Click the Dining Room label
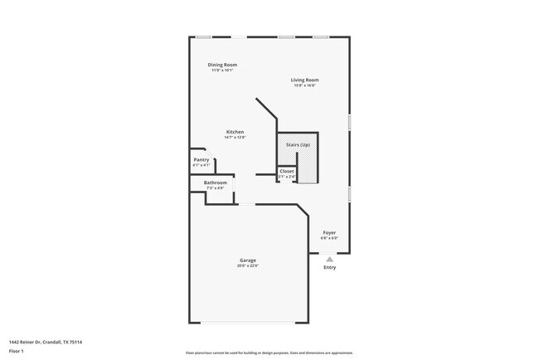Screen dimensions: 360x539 pyautogui.click(x=222, y=65)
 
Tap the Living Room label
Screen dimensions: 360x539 pyautogui.click(x=305, y=80)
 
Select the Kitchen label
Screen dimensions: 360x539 pyautogui.click(x=236, y=132)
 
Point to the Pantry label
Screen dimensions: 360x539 pyautogui.click(x=201, y=159)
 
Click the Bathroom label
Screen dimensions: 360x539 pyautogui.click(x=216, y=182)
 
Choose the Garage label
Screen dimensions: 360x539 pyautogui.click(x=248, y=260)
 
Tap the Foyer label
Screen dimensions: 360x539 pyautogui.click(x=329, y=233)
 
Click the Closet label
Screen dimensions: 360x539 pyautogui.click(x=286, y=172)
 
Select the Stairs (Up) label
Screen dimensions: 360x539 pyautogui.click(x=298, y=145)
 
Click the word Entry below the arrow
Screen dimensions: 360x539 pyautogui.click(x=329, y=267)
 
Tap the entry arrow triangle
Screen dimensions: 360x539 pyautogui.click(x=329, y=258)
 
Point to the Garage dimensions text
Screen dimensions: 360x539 pyautogui.click(x=248, y=266)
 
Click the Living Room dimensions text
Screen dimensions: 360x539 pyautogui.click(x=305, y=86)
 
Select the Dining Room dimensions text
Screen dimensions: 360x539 pyautogui.click(x=222, y=71)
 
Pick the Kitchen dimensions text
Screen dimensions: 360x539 pyautogui.click(x=236, y=138)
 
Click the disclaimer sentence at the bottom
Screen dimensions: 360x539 pyautogui.click(x=269, y=353)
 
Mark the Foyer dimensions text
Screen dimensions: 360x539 pyautogui.click(x=329, y=239)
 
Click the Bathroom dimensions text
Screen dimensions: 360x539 pyautogui.click(x=216, y=188)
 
